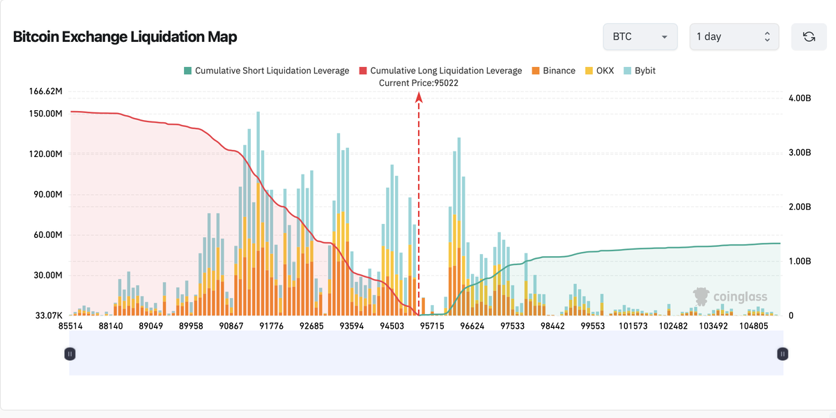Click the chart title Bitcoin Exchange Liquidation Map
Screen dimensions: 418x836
(125, 37)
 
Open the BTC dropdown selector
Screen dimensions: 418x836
(640, 36)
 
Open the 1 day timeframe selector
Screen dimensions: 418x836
(734, 36)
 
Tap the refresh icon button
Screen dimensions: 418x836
(809, 36)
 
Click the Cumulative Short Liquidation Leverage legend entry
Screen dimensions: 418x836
(266, 70)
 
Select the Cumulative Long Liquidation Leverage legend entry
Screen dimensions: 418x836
(440, 70)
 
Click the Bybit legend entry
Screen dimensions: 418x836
(640, 70)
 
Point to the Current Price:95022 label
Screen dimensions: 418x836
(419, 83)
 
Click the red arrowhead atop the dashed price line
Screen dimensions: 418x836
(419, 98)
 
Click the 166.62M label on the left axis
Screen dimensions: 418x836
(46, 91)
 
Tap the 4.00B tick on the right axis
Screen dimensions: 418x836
(799, 98)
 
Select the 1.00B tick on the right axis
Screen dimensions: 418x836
(799, 262)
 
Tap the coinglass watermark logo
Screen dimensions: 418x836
(730, 297)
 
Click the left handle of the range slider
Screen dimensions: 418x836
(70, 354)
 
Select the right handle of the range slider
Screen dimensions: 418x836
(782, 354)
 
